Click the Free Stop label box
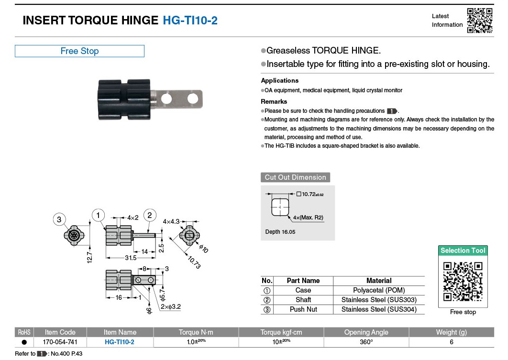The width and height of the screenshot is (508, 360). point(79,51)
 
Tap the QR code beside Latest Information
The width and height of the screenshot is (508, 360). point(479,21)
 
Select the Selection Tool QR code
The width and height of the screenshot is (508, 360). point(463,282)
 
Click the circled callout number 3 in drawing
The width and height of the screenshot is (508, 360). point(59,219)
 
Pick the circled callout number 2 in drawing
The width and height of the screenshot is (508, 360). point(149,215)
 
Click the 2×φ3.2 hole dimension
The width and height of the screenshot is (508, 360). point(171,307)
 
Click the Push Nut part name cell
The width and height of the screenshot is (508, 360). point(303,309)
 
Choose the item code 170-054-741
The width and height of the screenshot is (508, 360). point(60,342)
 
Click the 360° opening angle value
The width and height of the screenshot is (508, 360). point(366,342)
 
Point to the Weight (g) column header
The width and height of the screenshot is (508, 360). point(451,332)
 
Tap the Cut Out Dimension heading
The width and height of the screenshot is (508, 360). point(295,177)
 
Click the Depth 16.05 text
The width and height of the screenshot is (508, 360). point(280,232)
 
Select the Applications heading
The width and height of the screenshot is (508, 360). point(279,81)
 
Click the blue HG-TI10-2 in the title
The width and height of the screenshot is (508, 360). point(190,21)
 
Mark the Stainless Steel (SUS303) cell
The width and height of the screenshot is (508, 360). point(378,300)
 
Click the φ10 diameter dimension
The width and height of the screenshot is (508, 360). point(203,249)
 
